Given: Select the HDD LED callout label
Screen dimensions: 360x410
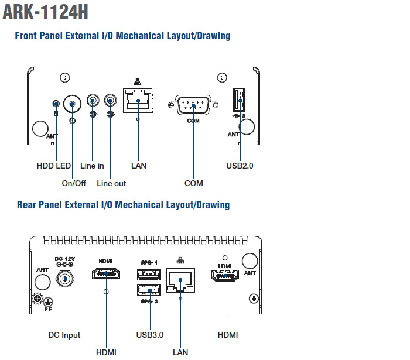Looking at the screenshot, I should [x=53, y=166].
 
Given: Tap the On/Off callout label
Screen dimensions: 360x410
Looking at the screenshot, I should [x=74, y=183].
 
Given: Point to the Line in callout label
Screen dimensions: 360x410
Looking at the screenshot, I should [x=92, y=166].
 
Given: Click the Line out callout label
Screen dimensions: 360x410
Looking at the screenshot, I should [x=111, y=183].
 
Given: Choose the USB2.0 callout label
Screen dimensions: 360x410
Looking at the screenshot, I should [x=240, y=166].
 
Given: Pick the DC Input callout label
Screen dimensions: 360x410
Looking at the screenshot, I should [x=64, y=335].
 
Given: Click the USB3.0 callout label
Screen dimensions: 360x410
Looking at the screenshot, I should [x=149, y=335].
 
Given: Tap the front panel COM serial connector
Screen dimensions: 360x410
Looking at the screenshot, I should [x=193, y=106].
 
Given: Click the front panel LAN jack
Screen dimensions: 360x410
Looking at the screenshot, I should [x=138, y=101].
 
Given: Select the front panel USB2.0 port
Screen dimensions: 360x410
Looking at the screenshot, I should [x=240, y=100].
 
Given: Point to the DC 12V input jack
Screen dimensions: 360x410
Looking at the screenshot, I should [x=64, y=280].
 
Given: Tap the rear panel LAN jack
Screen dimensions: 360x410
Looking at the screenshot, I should [x=181, y=282].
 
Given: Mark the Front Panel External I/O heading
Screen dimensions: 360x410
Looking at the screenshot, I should [x=122, y=36].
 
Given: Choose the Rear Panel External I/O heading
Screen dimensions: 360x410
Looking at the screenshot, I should [x=123, y=205].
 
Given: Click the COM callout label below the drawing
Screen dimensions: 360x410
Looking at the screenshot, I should [x=193, y=183].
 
